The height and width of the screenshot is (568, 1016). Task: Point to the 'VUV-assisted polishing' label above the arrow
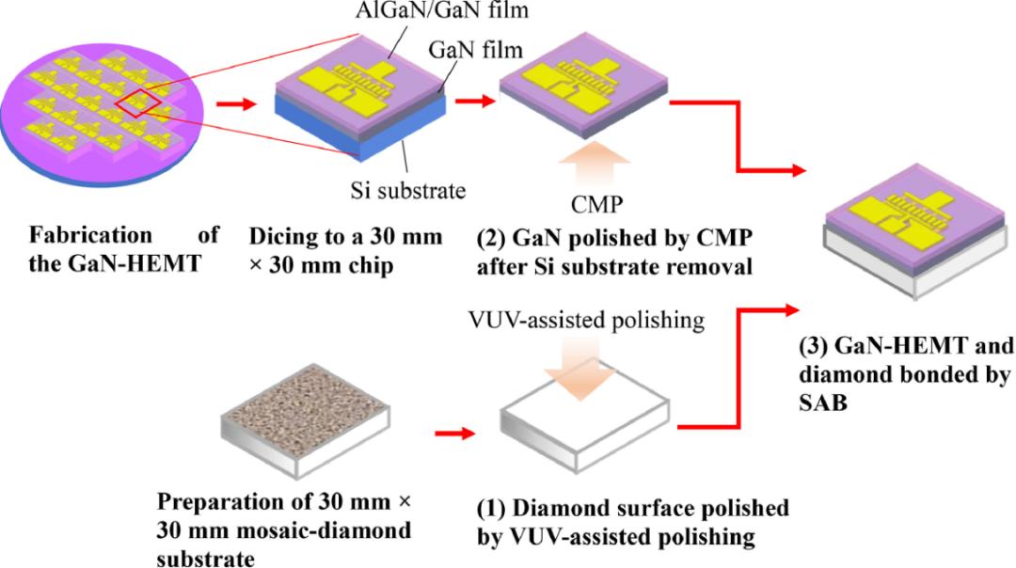(x=588, y=320)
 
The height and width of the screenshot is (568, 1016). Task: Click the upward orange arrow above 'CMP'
(x=598, y=160)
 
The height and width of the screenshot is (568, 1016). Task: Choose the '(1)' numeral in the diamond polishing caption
(x=492, y=510)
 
